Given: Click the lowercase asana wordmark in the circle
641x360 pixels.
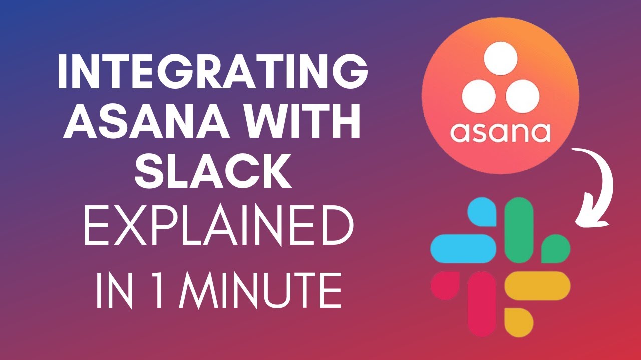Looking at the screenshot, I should pyautogui.click(x=500, y=132).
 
